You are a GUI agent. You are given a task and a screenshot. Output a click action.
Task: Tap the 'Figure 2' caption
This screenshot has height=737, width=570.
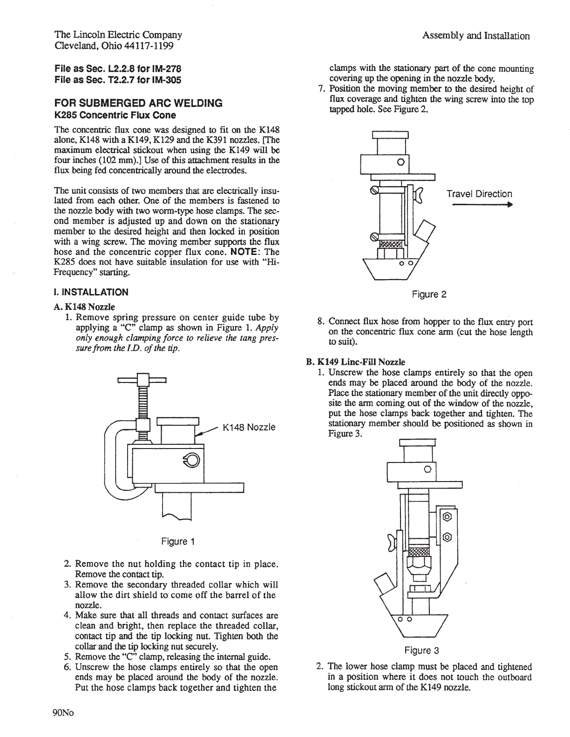[429, 295]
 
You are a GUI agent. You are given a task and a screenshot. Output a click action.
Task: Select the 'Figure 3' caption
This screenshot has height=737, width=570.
[421, 650]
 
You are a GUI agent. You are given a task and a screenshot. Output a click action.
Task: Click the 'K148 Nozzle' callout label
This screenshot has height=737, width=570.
[249, 427]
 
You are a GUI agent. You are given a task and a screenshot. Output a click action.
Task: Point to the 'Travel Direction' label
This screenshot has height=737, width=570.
[479, 194]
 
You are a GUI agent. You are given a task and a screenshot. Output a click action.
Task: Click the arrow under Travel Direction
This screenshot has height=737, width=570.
[480, 205]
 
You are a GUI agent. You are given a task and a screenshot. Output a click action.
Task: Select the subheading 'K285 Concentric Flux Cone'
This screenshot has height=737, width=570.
[115, 115]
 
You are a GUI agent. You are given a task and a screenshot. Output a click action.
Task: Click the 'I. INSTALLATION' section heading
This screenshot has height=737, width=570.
[91, 292]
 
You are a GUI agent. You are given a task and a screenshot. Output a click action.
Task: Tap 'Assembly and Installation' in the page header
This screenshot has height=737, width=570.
[475, 36]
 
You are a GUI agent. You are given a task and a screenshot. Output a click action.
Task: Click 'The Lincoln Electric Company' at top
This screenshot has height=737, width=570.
[118, 35]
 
